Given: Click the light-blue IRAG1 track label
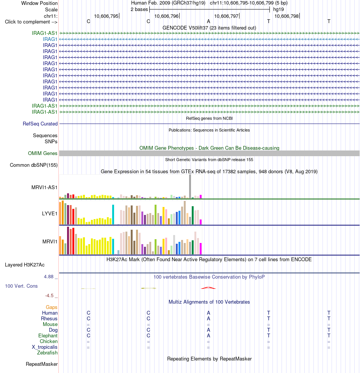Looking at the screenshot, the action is (x=50, y=39).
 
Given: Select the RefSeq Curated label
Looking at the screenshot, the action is (x=40, y=124).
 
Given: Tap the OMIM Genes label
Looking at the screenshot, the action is (x=42, y=153).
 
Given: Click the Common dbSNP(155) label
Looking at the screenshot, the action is (x=33, y=165).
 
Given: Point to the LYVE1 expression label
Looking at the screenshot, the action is (x=50, y=213).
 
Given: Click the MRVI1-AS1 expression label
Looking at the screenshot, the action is (x=44, y=188).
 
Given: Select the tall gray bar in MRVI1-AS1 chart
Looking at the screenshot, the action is (x=190, y=186).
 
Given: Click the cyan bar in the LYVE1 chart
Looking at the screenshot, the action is (x=113, y=214).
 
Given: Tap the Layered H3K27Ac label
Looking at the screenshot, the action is (x=25, y=265).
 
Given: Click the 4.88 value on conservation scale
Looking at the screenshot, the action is (x=49, y=277).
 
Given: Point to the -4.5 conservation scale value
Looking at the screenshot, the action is (x=49, y=296).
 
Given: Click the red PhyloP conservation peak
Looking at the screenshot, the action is (x=208, y=288).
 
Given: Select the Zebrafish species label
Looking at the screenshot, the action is (x=47, y=353).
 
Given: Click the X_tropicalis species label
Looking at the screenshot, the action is (x=45, y=347).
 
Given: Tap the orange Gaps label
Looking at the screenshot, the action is (x=52, y=307).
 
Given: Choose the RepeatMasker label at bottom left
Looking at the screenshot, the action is (x=42, y=364).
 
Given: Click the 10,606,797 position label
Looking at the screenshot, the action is (x=226, y=16).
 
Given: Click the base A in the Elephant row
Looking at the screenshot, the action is (x=208, y=335).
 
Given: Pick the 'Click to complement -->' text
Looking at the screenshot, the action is (x=31, y=22).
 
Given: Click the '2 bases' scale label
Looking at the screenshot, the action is (x=139, y=9).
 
